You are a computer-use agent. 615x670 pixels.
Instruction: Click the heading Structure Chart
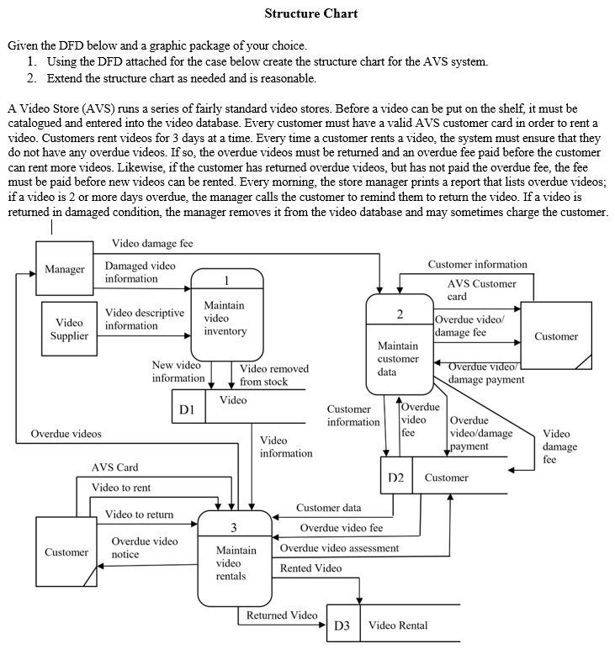click(x=310, y=13)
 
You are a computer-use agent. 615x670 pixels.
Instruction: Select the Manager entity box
click(x=64, y=270)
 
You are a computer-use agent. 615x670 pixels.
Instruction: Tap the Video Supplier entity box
click(x=69, y=329)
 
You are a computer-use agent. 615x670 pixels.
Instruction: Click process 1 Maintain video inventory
click(x=226, y=314)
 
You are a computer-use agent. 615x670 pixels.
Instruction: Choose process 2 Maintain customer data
click(x=399, y=345)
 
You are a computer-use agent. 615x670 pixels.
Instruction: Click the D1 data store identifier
click(x=188, y=409)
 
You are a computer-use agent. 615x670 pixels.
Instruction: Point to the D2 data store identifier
click(x=396, y=477)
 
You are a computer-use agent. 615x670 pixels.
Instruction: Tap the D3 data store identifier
click(x=342, y=625)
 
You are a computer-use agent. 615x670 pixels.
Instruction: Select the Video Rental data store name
click(x=398, y=625)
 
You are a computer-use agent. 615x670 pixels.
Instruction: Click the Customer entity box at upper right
click(x=555, y=336)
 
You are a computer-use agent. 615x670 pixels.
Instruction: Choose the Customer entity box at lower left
click(x=66, y=552)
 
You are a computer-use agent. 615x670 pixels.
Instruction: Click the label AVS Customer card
click(x=481, y=290)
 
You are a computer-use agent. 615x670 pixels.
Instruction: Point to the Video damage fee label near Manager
click(x=152, y=244)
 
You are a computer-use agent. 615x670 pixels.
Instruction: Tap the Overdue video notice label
click(x=144, y=548)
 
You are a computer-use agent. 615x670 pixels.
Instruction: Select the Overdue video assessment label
click(x=339, y=548)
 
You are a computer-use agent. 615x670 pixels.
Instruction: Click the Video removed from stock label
click(x=274, y=375)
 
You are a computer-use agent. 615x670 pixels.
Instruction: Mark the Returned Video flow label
click(x=281, y=615)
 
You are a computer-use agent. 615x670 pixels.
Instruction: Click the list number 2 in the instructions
click(x=31, y=78)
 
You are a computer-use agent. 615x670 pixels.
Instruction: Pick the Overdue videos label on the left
click(x=66, y=434)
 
